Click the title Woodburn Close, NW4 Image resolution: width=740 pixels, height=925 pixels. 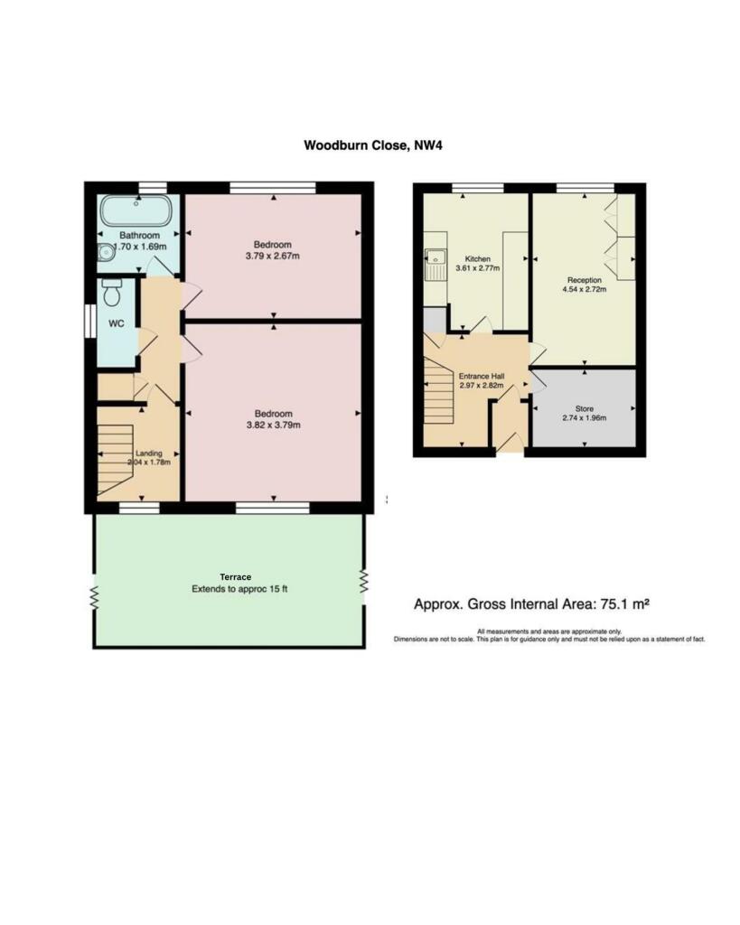point(370,145)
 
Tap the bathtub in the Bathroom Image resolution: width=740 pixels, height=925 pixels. point(136,212)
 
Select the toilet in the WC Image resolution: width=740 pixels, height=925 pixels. point(113,293)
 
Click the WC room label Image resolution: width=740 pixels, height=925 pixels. point(117,322)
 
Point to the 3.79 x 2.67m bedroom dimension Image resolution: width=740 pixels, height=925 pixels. point(272,257)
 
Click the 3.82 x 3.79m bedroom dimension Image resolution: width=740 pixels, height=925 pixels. point(273,425)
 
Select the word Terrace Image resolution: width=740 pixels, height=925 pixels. point(235,576)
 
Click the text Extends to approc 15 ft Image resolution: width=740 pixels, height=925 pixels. point(239,589)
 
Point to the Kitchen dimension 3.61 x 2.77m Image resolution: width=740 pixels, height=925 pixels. point(477,268)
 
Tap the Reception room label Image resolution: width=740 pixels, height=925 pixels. point(584,280)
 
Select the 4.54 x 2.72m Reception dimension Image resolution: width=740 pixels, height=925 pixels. point(584,290)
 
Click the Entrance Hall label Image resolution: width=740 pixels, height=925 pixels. point(480,377)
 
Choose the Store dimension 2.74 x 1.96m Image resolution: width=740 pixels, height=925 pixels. point(584,417)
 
